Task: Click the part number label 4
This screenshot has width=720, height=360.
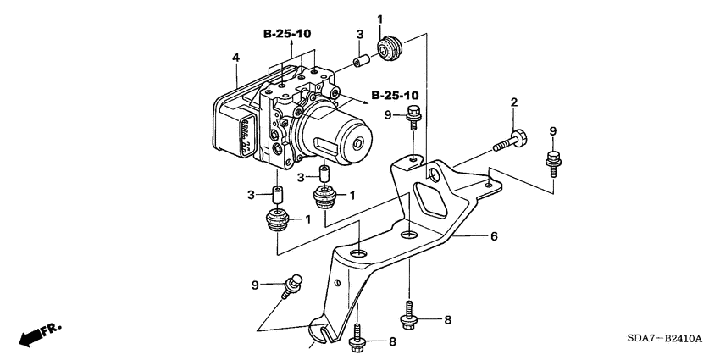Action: (237, 58)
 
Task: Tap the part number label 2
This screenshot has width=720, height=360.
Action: (513, 102)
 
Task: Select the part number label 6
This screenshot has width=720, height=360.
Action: (492, 237)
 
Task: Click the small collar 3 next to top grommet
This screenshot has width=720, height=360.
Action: (360, 61)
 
